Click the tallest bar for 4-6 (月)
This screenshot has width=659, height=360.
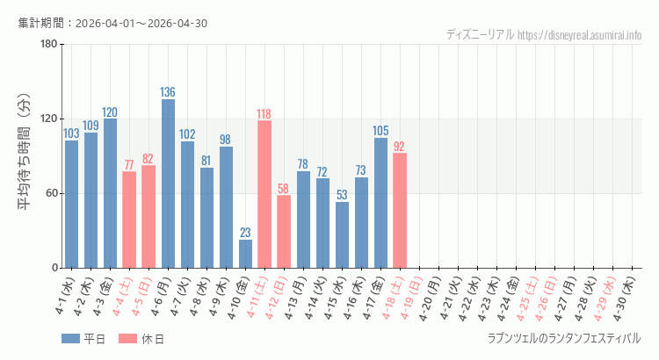coord(168,184)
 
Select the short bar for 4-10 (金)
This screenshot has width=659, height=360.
coord(245,254)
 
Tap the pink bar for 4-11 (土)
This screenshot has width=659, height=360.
coord(264,194)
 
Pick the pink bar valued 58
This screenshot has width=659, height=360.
coord(284,232)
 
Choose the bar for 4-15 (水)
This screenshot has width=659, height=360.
coord(342,235)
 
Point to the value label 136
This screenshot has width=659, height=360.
coord(168,92)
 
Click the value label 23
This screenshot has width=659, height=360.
coord(245,233)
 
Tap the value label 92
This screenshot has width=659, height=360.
coord(400,147)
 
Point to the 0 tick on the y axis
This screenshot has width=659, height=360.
coord(54,268)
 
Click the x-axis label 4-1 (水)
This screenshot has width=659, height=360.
coord(65,299)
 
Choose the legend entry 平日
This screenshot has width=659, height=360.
coord(83,340)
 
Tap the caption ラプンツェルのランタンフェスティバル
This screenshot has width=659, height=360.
coord(563,338)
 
